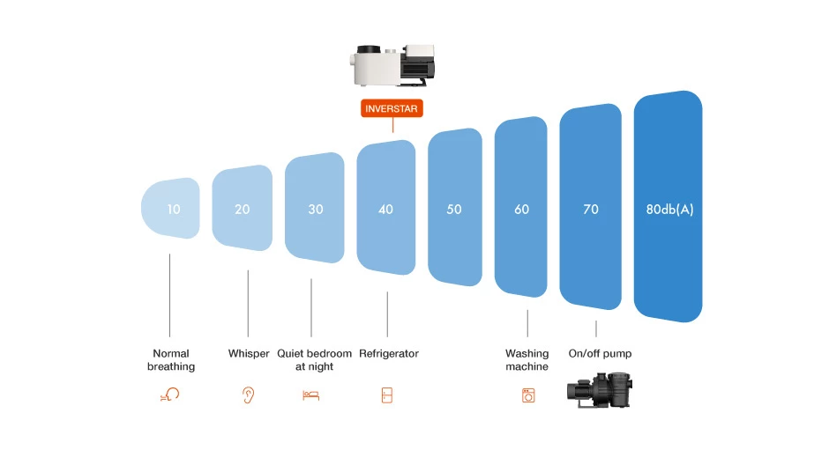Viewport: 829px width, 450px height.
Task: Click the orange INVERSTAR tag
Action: tap(392, 109)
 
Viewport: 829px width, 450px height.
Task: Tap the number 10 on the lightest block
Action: tap(174, 210)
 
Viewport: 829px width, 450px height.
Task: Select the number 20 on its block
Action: tap(243, 210)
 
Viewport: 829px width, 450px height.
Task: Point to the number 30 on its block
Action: tap(316, 210)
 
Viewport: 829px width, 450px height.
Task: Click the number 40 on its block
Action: tap(385, 210)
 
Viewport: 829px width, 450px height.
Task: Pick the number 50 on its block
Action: tap(454, 210)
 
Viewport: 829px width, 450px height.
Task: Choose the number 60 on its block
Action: tap(522, 210)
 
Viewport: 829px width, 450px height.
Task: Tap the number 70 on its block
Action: tap(591, 210)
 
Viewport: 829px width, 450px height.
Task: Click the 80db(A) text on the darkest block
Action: tap(669, 210)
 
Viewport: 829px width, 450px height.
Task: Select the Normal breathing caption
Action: tap(171, 360)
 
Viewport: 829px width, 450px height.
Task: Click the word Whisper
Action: tap(249, 354)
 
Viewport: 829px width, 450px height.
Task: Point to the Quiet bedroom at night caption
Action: tap(314, 360)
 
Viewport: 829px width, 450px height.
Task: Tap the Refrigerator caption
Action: tap(389, 354)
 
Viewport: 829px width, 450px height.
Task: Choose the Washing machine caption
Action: tap(527, 360)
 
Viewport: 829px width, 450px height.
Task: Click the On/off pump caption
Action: tap(600, 354)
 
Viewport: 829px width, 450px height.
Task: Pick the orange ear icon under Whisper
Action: tap(248, 395)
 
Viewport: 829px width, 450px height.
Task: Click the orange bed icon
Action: tap(310, 395)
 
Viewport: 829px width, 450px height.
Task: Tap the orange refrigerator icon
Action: tap(386, 395)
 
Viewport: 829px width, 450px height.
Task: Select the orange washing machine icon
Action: tap(528, 395)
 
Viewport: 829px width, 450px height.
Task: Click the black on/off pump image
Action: tap(600, 389)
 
